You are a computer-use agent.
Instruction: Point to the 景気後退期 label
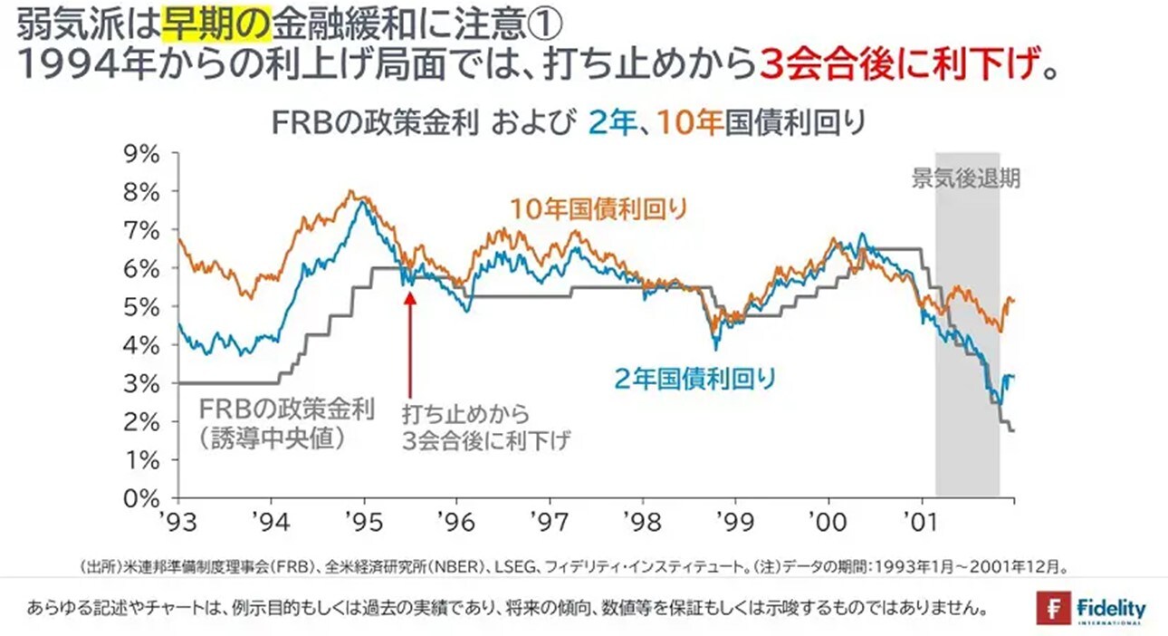965,178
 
